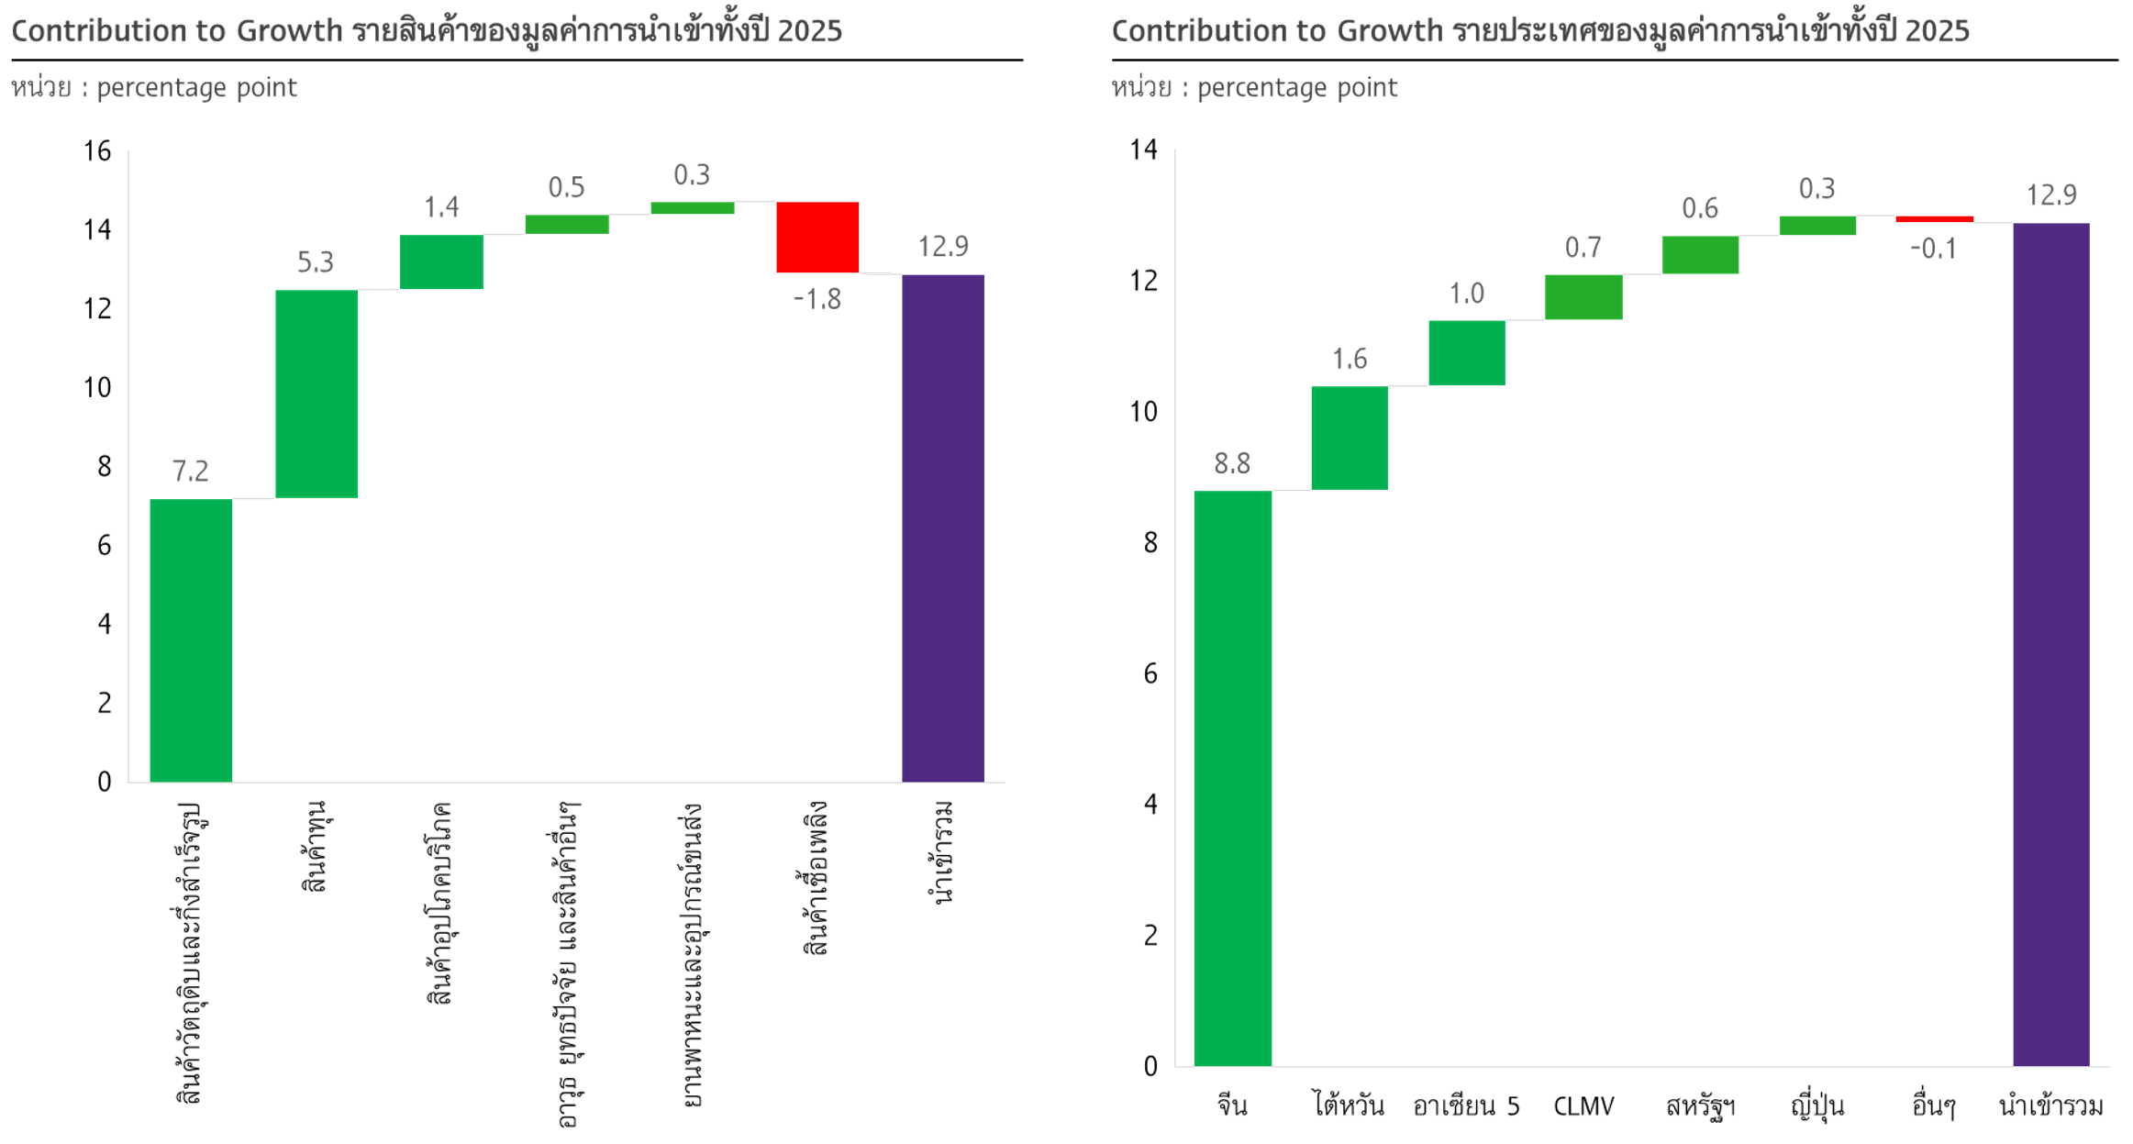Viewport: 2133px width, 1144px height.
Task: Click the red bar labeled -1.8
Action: [x=817, y=237]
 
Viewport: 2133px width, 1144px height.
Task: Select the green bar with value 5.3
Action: [x=317, y=394]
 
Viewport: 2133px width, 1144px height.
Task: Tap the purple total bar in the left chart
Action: [x=942, y=528]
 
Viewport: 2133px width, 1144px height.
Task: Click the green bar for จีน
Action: [x=1232, y=778]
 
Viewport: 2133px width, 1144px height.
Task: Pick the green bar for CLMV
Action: [x=1583, y=296]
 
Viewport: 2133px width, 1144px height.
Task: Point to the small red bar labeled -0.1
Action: [x=1934, y=219]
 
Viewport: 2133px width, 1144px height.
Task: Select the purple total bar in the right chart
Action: [x=2050, y=644]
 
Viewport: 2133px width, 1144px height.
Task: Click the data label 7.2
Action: [x=191, y=471]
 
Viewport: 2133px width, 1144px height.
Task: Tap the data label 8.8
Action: [x=1232, y=463]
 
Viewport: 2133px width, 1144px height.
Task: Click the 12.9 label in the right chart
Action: [x=2050, y=194]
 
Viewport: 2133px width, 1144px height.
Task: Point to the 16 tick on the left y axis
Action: [x=97, y=150]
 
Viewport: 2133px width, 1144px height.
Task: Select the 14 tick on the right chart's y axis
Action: [x=1144, y=150]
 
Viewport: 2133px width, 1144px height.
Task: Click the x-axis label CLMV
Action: [x=1583, y=1105]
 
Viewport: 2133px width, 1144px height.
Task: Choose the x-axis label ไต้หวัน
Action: [x=1349, y=1105]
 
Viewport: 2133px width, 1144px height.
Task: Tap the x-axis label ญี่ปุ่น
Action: [x=1816, y=1105]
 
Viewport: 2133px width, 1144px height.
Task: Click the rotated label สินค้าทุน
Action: [x=315, y=846]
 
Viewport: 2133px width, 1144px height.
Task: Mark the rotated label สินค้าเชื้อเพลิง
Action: [x=816, y=878]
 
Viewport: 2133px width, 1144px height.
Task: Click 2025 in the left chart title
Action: [x=808, y=30]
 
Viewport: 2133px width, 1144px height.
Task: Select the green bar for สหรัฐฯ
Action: [x=1699, y=254]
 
